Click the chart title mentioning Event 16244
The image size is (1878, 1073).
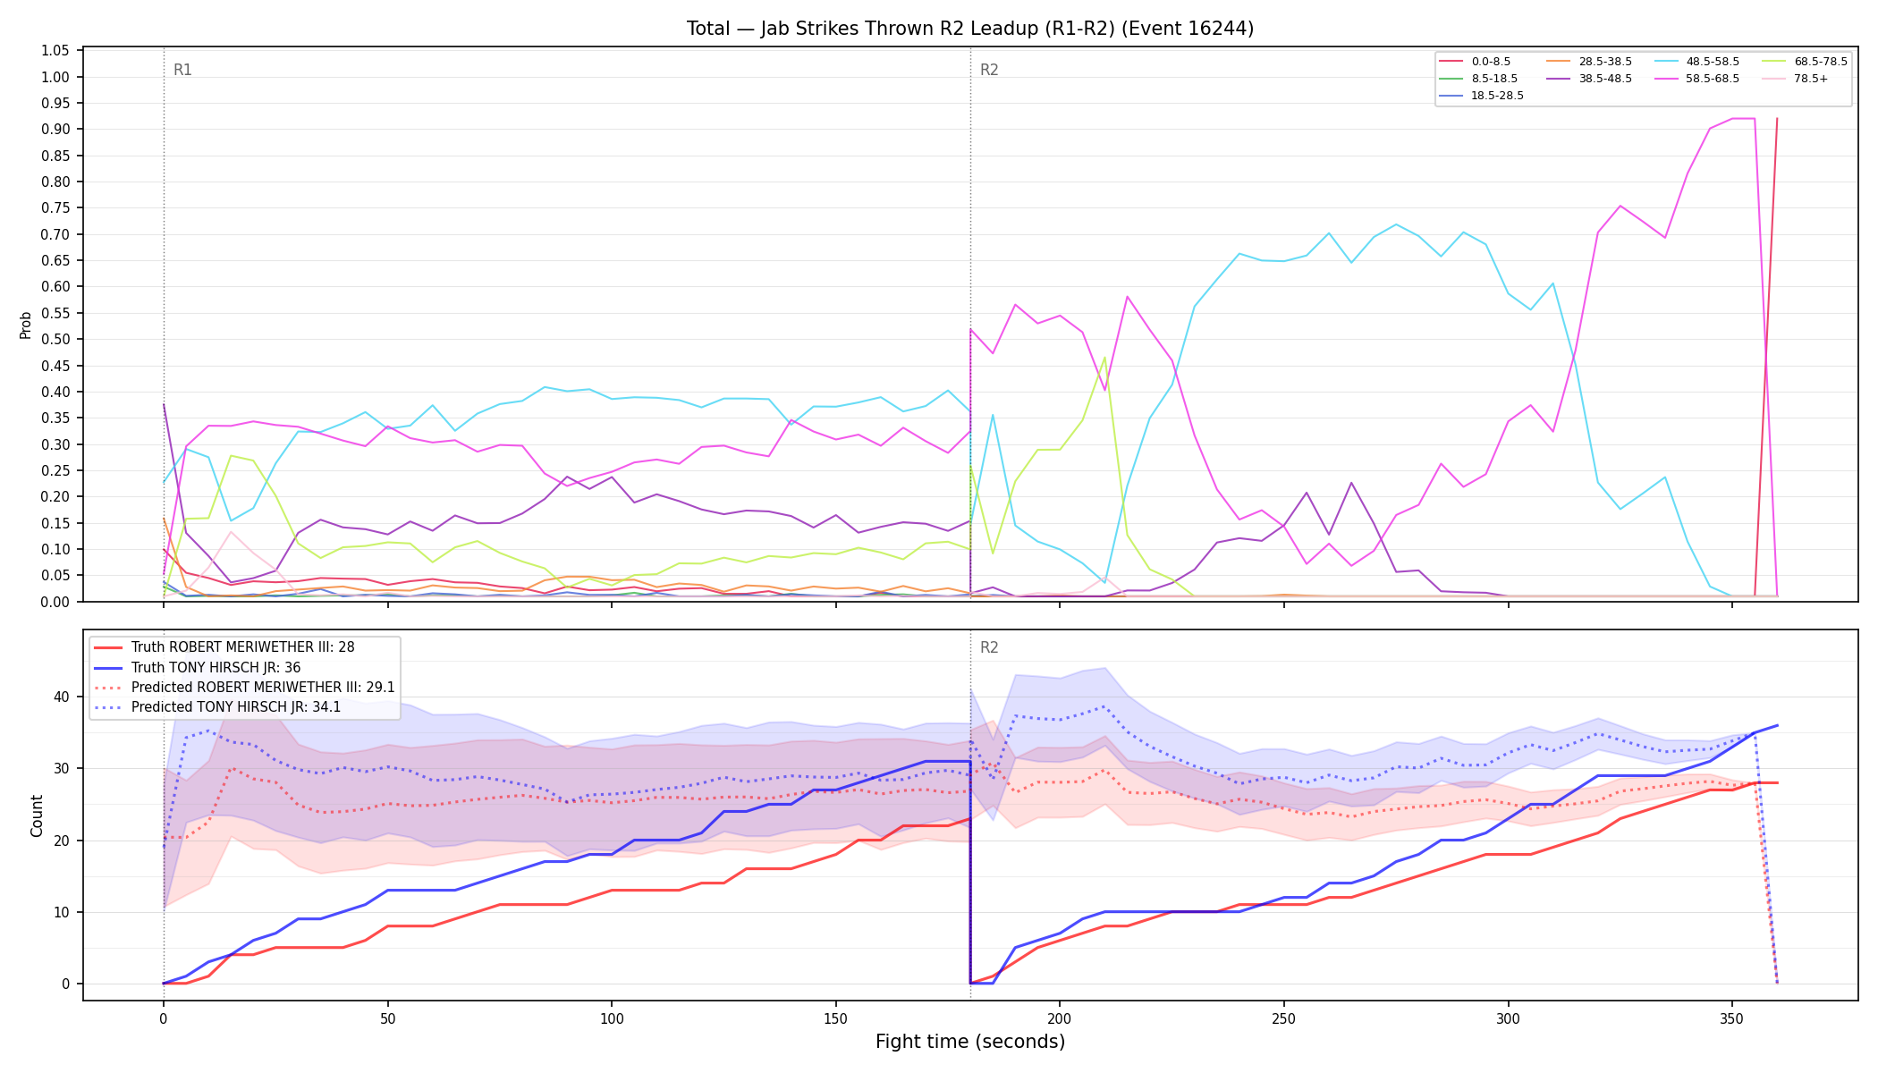[970, 29]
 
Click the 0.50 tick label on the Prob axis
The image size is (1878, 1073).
[55, 339]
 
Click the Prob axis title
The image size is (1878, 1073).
[26, 325]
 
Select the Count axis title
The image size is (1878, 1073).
[37, 815]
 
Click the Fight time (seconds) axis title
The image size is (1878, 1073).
[970, 1042]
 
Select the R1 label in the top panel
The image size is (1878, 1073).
[182, 70]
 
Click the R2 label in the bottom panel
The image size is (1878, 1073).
[989, 647]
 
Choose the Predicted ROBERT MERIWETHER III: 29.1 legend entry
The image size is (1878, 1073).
[244, 688]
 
